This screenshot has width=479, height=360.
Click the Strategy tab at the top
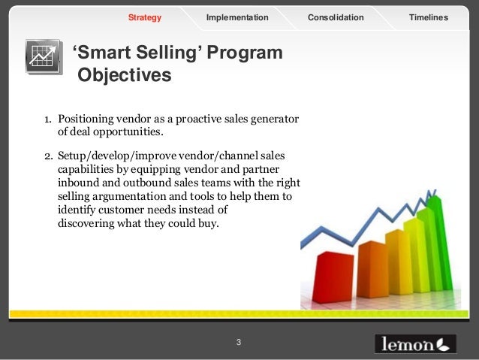click(x=145, y=17)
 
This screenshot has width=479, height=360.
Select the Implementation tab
click(x=237, y=17)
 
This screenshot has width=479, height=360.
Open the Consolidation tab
click(x=336, y=17)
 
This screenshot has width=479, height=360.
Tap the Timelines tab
click(x=429, y=17)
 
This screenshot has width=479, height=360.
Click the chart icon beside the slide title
click(x=44, y=56)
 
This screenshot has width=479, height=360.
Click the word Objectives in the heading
click(x=124, y=76)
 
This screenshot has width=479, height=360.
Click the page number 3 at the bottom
click(x=239, y=343)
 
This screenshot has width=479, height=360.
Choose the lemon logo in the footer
click(x=414, y=343)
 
